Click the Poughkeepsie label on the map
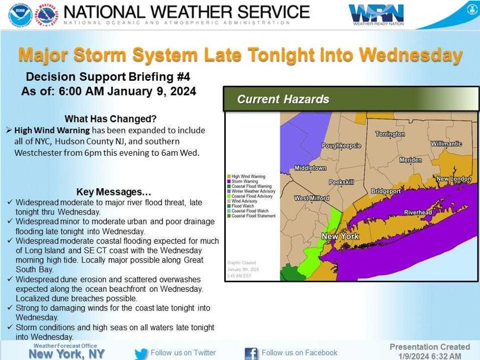(341, 145)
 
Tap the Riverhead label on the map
(418, 212)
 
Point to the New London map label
(454, 179)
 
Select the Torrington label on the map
(390, 134)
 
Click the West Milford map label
(311, 198)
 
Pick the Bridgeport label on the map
(386, 191)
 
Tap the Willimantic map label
(446, 144)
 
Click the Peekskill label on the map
(341, 182)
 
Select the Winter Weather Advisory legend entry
(253, 191)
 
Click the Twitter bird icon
(141, 353)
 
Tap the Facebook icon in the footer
(251, 353)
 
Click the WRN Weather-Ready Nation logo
(376, 15)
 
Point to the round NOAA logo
(20, 15)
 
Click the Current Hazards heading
(283, 99)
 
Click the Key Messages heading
(114, 192)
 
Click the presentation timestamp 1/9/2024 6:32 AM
(430, 356)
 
